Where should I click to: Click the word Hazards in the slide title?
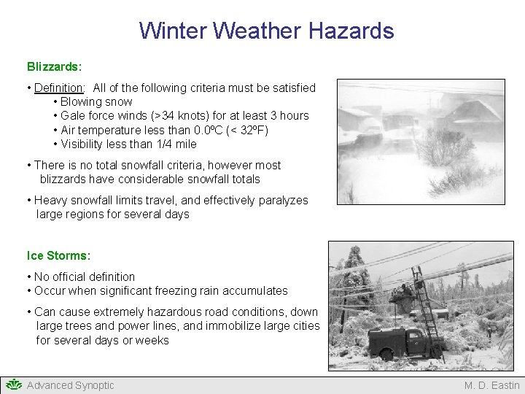pyautogui.click(x=351, y=31)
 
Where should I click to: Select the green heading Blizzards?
pyautogui.click(x=54, y=66)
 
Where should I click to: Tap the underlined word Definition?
pyautogui.click(x=58, y=88)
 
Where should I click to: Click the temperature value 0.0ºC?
pyautogui.click(x=206, y=130)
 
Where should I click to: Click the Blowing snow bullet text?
pyautogui.click(x=96, y=101)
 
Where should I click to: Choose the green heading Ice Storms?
pyautogui.click(x=58, y=255)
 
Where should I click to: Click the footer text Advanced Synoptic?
pyautogui.click(x=71, y=385)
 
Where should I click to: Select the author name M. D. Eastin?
pyautogui.click(x=492, y=385)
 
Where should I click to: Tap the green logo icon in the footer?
pyautogui.click(x=14, y=385)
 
